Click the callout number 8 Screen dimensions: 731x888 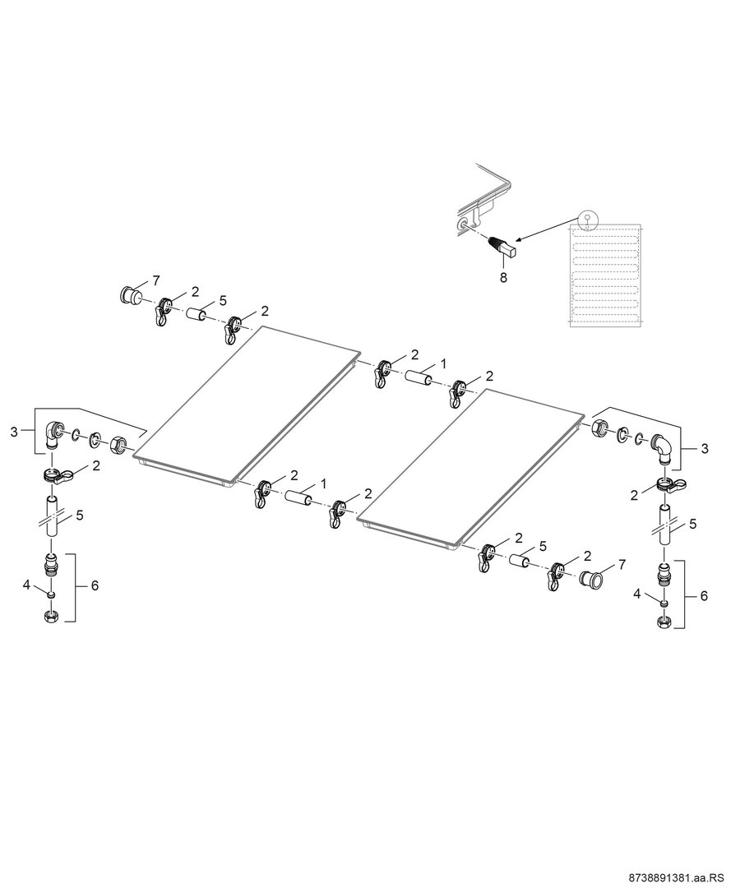pyautogui.click(x=502, y=278)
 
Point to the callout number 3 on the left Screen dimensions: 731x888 pyautogui.click(x=14, y=432)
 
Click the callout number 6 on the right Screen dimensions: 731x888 pyautogui.click(x=704, y=596)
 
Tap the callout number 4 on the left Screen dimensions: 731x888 pyautogui.click(x=26, y=585)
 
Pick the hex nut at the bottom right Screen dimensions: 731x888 pyautogui.click(x=664, y=622)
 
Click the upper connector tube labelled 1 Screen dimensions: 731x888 pyautogui.click(x=418, y=377)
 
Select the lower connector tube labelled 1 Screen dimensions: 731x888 pyautogui.click(x=298, y=497)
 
